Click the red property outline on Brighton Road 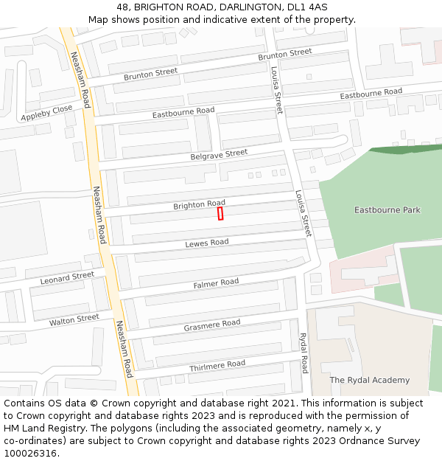[x=220, y=213]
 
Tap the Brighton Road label [x=199, y=204]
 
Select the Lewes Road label [x=206, y=243]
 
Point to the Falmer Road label [x=216, y=283]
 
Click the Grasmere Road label [x=212, y=324]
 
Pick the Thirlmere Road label [x=217, y=364]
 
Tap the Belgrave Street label [x=219, y=154]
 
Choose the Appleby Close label [x=46, y=113]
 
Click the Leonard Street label [x=67, y=278]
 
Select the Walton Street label [x=74, y=320]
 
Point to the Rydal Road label [x=303, y=353]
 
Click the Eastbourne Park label [x=387, y=210]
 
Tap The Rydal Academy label [x=369, y=380]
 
